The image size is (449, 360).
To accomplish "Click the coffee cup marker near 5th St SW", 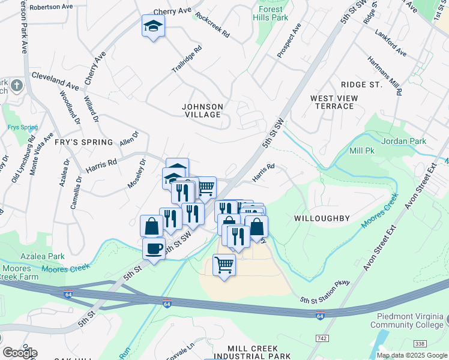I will (154, 248).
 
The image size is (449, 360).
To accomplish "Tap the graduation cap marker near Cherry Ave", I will (153, 26).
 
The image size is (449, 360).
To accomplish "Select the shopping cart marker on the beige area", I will (224, 264).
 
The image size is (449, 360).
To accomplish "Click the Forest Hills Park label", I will (273, 13).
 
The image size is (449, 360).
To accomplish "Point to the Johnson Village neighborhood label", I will (203, 110).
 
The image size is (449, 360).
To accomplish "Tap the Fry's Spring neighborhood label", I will (83, 142).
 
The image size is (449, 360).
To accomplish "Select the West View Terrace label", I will (334, 102).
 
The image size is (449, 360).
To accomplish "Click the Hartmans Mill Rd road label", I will (394, 79).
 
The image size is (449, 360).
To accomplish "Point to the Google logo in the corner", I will (19, 352).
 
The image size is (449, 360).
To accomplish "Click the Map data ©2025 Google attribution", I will (411, 355).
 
